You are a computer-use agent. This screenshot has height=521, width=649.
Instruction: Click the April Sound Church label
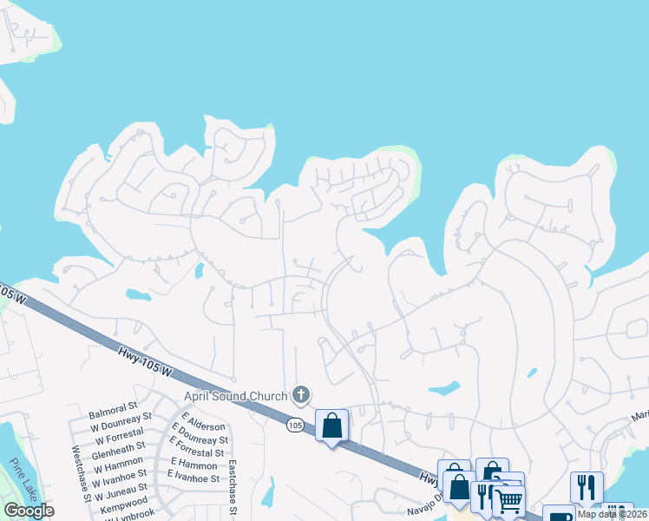tap(235, 396)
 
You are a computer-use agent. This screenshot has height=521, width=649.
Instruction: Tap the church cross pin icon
tap(301, 396)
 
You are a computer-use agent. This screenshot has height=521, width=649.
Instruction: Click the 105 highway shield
tap(295, 426)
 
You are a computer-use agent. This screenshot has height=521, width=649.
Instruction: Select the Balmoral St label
tap(114, 406)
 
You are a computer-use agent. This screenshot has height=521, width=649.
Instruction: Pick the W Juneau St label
tap(118, 491)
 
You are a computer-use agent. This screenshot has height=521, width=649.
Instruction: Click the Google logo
tap(29, 511)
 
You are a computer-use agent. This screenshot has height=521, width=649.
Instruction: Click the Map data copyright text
tap(611, 514)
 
